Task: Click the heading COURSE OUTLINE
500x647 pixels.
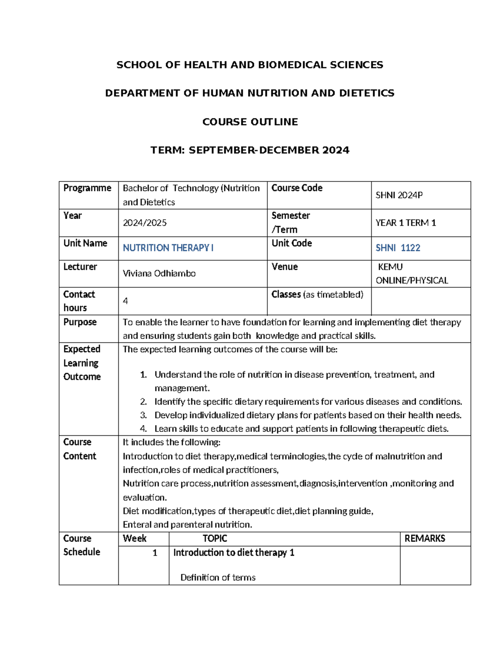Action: click(x=250, y=122)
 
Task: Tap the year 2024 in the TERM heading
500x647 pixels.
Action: click(x=335, y=150)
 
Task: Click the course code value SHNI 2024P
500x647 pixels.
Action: click(x=399, y=195)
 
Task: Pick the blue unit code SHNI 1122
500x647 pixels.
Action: click(x=397, y=248)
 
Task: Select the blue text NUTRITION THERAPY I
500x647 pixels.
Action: click(x=168, y=248)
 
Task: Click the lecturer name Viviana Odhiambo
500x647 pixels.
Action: click(x=159, y=273)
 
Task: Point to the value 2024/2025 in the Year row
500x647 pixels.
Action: click(x=145, y=223)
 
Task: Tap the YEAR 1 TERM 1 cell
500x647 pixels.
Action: click(x=405, y=223)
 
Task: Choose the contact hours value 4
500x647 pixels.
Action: click(x=125, y=301)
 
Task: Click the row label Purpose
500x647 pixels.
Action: click(x=80, y=322)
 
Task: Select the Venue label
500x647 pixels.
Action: click(x=285, y=267)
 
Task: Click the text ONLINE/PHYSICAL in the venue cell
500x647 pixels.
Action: click(x=412, y=280)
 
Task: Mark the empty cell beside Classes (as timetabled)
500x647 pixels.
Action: click(x=420, y=301)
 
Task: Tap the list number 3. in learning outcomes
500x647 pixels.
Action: click(x=143, y=415)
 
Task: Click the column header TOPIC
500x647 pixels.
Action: click(x=215, y=538)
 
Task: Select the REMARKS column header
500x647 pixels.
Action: click(x=425, y=538)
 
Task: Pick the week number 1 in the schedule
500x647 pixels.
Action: click(x=155, y=553)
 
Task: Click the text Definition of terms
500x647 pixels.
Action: click(x=218, y=577)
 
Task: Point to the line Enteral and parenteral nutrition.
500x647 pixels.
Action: click(x=187, y=525)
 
